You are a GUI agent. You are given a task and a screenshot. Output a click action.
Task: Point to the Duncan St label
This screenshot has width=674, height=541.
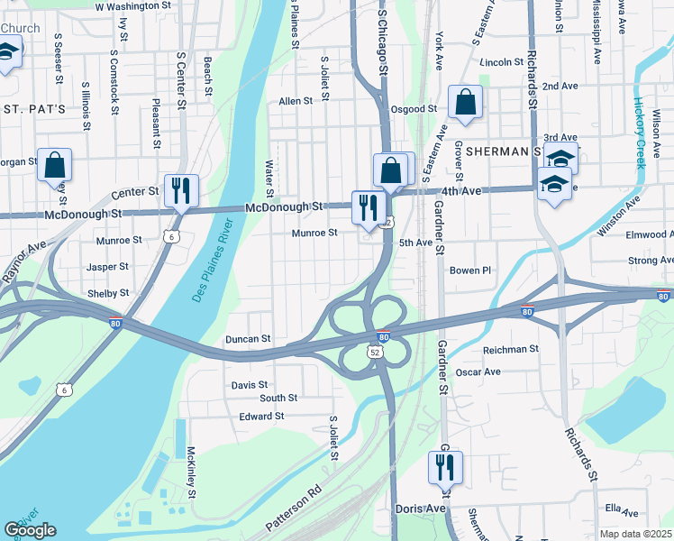pyautogui.click(x=248, y=339)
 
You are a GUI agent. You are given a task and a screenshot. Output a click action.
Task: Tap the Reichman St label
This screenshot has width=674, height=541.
pyautogui.click(x=511, y=349)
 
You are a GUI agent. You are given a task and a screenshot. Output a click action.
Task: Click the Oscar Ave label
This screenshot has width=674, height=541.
pyautogui.click(x=478, y=371)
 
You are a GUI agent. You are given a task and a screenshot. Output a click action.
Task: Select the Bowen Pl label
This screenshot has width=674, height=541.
pyautogui.click(x=470, y=270)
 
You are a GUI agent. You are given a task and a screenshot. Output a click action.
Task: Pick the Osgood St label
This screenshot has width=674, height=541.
pyautogui.click(x=414, y=109)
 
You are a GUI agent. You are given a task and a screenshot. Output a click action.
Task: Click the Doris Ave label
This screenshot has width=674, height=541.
pyautogui.click(x=421, y=509)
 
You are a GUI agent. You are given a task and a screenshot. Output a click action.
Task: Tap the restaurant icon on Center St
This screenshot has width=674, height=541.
pyautogui.click(x=181, y=190)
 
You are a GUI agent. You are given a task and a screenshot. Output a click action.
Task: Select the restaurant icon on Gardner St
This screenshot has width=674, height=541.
pyautogui.click(x=445, y=467)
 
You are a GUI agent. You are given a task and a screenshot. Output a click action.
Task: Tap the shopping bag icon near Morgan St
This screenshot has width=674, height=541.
pyautogui.click(x=54, y=166)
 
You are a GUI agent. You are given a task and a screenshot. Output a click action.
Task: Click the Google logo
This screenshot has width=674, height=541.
pyautogui.click(x=30, y=530)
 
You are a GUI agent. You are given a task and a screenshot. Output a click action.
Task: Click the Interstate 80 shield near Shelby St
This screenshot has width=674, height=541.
pyautogui.click(x=116, y=324)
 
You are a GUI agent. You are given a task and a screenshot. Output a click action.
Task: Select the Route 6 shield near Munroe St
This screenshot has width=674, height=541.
pyautogui.click(x=171, y=236)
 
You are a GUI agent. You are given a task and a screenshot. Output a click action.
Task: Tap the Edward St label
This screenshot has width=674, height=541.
pyautogui.click(x=261, y=417)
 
